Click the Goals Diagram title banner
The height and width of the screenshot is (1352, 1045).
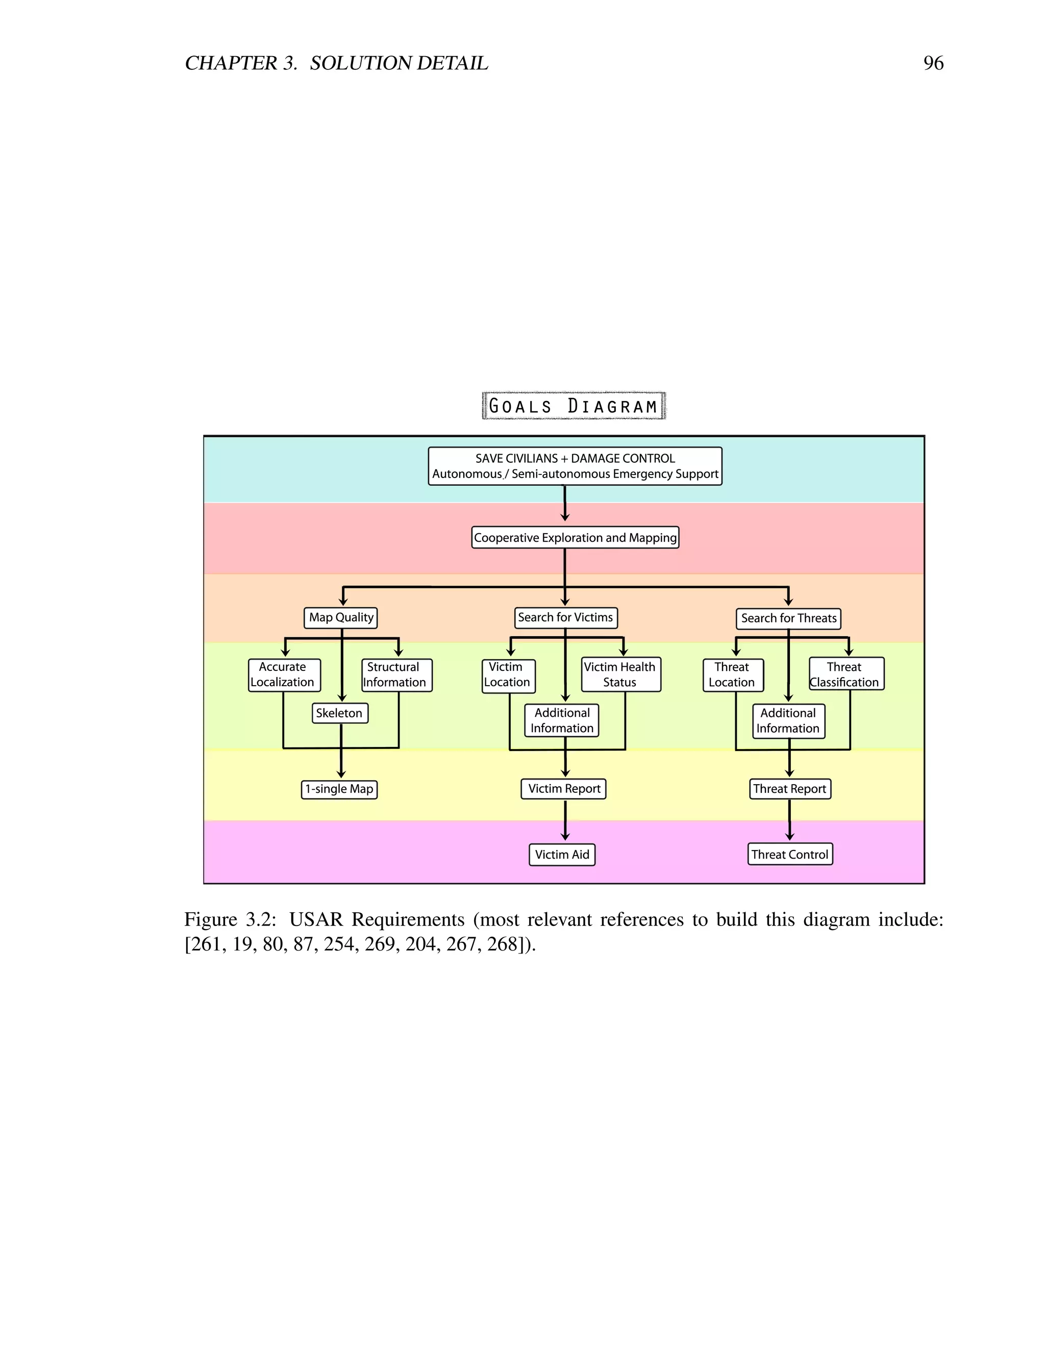click(x=573, y=406)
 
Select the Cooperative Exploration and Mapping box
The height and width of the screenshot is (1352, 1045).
click(x=575, y=537)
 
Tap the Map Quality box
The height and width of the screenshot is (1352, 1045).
click(x=341, y=617)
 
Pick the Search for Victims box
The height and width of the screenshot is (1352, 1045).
click(x=565, y=617)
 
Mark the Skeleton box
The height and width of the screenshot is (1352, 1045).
click(x=339, y=713)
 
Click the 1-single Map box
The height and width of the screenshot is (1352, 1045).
click(x=339, y=789)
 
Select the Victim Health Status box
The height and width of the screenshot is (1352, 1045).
click(x=620, y=674)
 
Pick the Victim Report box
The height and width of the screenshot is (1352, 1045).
click(x=563, y=789)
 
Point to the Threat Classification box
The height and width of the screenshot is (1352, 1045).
click(x=847, y=674)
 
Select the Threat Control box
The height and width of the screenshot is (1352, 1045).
click(x=790, y=854)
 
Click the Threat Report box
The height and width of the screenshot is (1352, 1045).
click(x=790, y=789)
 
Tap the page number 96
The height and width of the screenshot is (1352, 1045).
click(x=933, y=63)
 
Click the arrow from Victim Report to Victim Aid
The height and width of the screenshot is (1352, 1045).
click(x=565, y=821)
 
